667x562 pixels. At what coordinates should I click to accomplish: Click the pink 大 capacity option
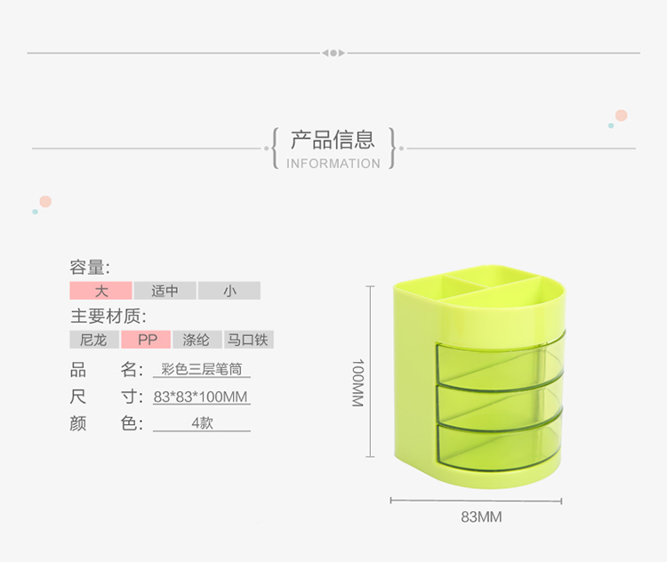pos(100,291)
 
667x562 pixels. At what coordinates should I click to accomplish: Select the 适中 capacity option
pos(165,291)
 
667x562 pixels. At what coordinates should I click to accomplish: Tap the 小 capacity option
pos(229,291)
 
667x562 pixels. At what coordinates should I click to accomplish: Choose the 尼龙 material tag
pos(94,340)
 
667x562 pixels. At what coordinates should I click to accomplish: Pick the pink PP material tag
pos(146,340)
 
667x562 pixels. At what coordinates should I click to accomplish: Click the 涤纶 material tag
pos(197,340)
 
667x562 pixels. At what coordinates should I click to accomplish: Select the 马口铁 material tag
pos(249,340)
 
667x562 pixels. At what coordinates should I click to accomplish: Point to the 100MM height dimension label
pos(358,382)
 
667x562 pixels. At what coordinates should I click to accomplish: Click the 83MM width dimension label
pos(481,517)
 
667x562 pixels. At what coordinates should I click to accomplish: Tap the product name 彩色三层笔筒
pos(202,369)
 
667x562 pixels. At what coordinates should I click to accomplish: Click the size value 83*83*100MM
pos(201,397)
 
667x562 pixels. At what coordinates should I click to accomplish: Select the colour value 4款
pos(202,423)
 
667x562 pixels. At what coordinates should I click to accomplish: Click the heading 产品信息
pos(333,140)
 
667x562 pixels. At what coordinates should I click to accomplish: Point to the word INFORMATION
pos(333,164)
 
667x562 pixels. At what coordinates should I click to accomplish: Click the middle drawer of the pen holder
pos(499,405)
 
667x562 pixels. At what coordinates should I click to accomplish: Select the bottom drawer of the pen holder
pos(499,445)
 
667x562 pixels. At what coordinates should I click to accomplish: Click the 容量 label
pos(90,267)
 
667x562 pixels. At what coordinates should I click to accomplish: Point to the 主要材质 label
pos(108,317)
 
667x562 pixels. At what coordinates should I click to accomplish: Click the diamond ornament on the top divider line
pos(333,53)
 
